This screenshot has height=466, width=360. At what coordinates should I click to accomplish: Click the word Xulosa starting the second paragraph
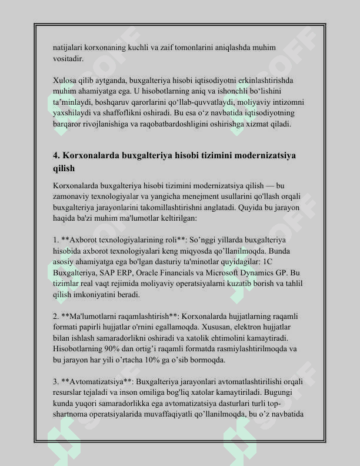pyautogui.click(x=64, y=81)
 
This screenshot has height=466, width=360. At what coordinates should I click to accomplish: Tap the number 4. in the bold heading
pyautogui.click(x=57, y=156)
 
